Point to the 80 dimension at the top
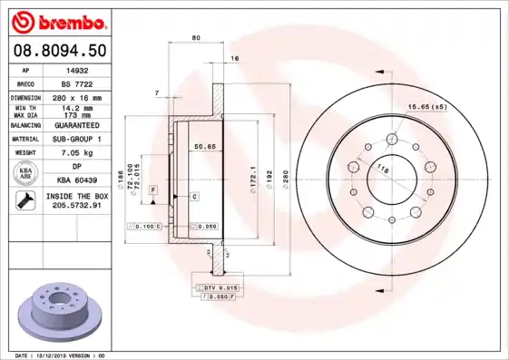click(x=196, y=38)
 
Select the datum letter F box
click(x=153, y=188)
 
